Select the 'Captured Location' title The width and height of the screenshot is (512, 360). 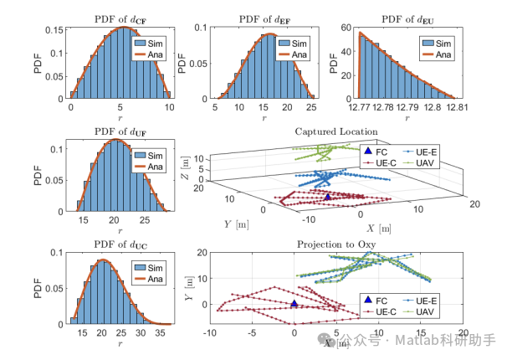pyautogui.click(x=336, y=131)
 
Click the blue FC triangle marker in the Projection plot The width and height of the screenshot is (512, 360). pyautogui.click(x=294, y=304)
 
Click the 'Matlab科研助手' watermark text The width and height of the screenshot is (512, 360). pyautogui.click(x=453, y=341)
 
